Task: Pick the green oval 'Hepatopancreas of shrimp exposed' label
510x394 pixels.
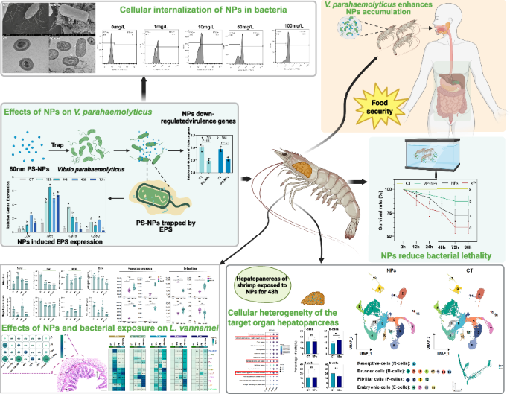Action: click(277, 276)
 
